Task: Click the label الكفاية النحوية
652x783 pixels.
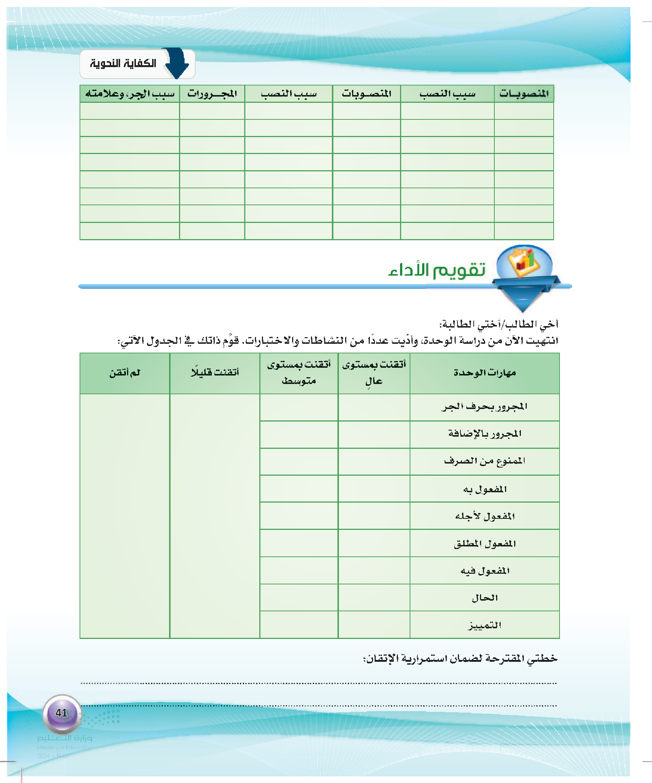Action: (x=123, y=63)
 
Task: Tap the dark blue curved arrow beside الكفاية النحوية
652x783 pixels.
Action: (x=178, y=63)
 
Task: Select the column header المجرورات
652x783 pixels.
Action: (x=212, y=94)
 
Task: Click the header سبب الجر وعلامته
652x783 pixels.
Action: (x=130, y=94)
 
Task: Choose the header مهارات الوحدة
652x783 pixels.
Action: (x=485, y=373)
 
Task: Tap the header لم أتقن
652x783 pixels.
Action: (x=125, y=373)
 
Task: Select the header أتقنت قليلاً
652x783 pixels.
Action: (x=215, y=373)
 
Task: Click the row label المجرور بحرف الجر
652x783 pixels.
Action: (x=485, y=407)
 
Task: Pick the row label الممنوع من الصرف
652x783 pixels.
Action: (x=485, y=461)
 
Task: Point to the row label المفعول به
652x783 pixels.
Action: (x=485, y=489)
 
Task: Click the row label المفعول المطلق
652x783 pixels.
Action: (x=485, y=543)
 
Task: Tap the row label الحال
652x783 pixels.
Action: (x=485, y=598)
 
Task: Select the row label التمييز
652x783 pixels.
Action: (x=485, y=625)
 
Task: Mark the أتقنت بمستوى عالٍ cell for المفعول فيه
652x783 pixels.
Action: (x=374, y=571)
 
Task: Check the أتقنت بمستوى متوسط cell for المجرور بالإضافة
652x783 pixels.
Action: (x=299, y=434)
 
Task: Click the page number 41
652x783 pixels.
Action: (x=62, y=713)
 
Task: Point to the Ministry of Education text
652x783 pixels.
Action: (x=64, y=747)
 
